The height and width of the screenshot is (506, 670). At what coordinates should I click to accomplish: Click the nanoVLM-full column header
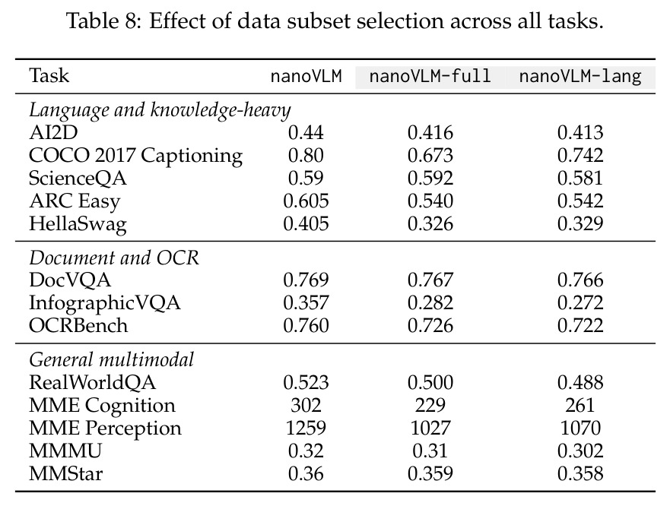[430, 77]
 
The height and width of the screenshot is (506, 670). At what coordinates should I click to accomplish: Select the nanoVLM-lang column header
[580, 77]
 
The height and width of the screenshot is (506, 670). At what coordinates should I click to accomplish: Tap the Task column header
[49, 75]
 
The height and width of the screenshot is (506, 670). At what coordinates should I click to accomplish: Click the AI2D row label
[53, 132]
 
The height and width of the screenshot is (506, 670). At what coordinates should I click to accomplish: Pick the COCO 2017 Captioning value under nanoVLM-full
[430, 155]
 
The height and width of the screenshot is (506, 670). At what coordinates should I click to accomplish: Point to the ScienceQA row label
[78, 178]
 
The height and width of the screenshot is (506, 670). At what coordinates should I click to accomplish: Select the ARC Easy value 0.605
[306, 201]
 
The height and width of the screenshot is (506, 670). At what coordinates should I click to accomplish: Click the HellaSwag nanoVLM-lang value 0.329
[580, 223]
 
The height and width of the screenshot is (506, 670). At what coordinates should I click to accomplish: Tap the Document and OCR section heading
[113, 258]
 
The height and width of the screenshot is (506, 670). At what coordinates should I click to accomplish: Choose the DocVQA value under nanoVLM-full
[430, 280]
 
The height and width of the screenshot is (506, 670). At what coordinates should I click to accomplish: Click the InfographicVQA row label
[105, 302]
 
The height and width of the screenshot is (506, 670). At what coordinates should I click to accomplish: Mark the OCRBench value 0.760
[306, 325]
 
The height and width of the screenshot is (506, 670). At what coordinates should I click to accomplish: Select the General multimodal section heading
[112, 359]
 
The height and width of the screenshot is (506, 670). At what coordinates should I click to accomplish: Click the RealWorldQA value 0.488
[580, 382]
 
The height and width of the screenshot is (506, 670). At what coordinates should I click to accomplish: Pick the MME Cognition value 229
[430, 405]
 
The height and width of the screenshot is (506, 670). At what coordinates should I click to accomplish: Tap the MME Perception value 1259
[306, 428]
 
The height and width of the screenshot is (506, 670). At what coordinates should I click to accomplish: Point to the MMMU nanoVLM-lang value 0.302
[580, 451]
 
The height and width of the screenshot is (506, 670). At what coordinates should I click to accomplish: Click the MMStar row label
[66, 473]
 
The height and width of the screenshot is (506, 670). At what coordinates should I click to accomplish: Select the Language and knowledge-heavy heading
[160, 109]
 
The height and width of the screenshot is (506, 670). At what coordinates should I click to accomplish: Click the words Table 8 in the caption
[103, 21]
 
